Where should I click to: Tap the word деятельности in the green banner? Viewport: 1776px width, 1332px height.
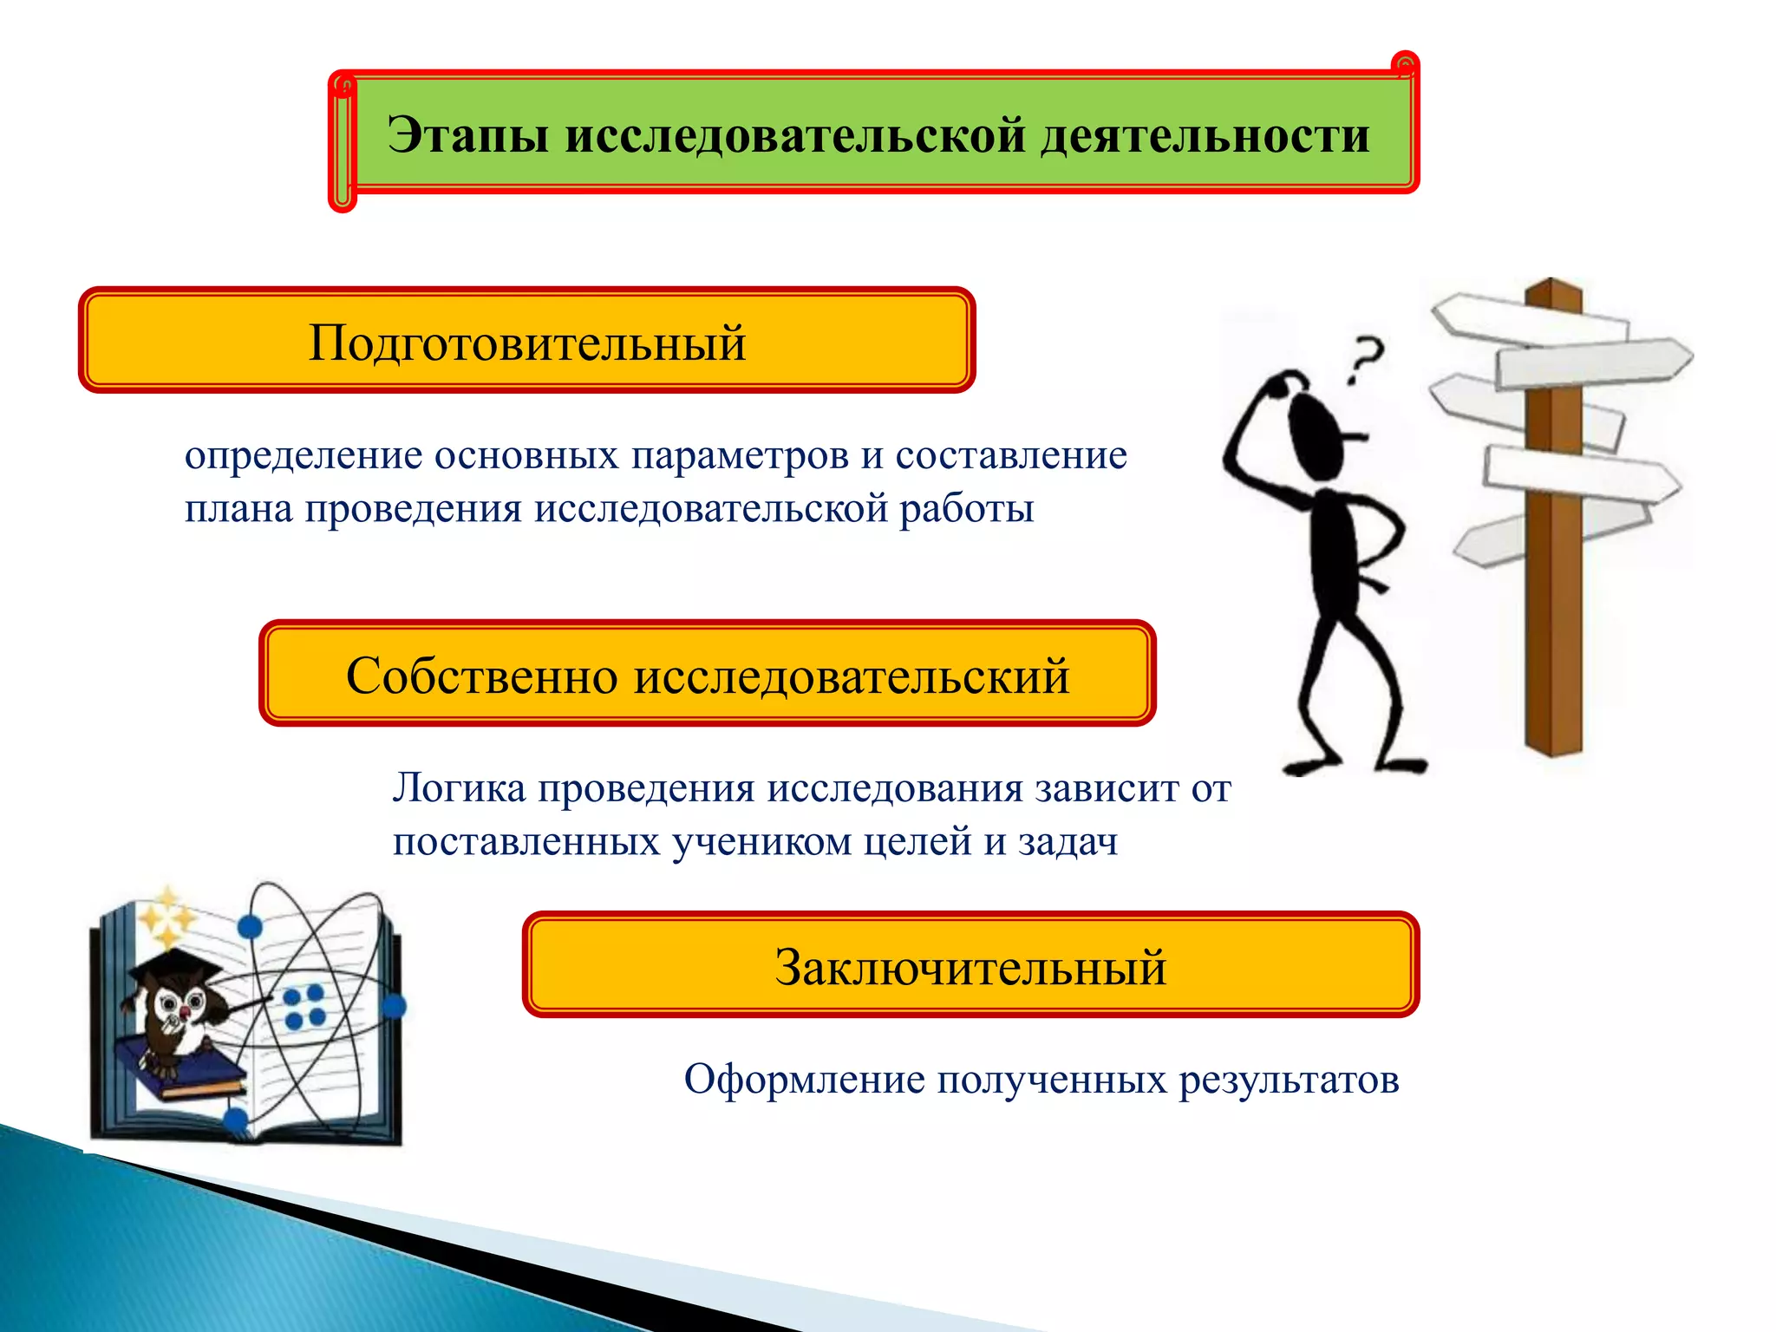click(x=1205, y=136)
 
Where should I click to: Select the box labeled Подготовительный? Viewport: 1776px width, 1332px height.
click(x=527, y=341)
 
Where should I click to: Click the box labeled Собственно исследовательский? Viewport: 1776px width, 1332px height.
click(x=707, y=674)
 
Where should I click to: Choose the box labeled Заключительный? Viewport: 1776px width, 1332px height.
click(x=970, y=965)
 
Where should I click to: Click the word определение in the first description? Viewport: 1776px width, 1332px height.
click(x=303, y=456)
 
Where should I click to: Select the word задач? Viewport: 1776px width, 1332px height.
click(x=1068, y=842)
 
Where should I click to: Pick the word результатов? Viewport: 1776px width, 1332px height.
click(x=1289, y=1081)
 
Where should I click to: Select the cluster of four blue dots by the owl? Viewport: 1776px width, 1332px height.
click(x=304, y=1007)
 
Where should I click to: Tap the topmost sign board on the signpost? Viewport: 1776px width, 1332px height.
click(x=1526, y=319)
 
